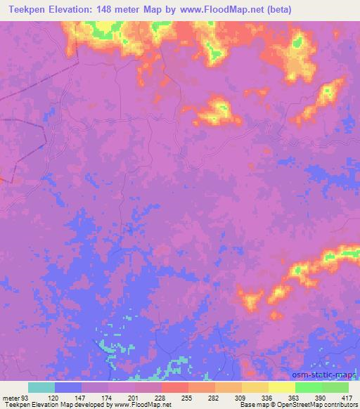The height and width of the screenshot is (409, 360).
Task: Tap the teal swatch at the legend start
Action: point(41,387)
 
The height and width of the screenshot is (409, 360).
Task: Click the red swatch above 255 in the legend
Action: point(174,387)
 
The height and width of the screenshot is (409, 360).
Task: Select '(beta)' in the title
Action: point(278,10)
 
